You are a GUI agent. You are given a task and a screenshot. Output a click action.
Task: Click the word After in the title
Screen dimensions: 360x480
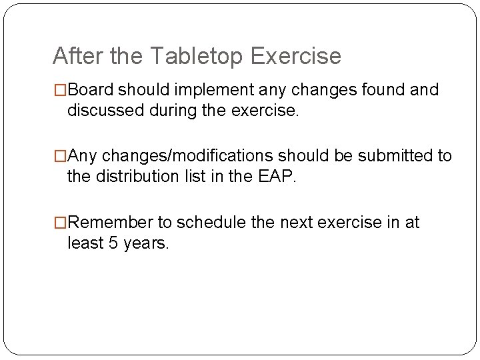click(x=74, y=56)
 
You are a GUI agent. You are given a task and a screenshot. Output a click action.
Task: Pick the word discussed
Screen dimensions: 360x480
click(x=101, y=110)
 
